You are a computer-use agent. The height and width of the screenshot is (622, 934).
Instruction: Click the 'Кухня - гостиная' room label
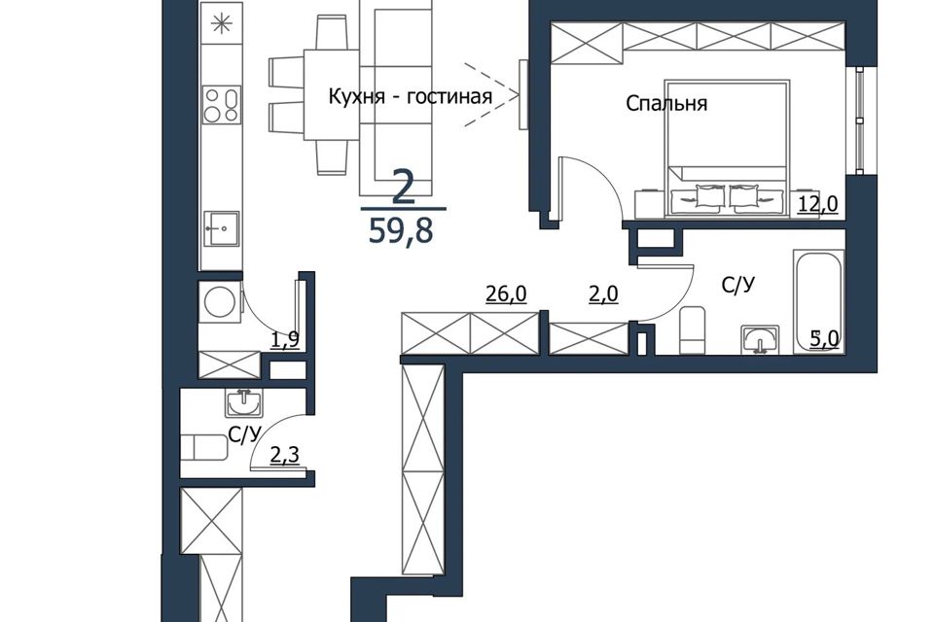click(411, 96)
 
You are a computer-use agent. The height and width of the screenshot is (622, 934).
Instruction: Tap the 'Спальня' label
click(666, 104)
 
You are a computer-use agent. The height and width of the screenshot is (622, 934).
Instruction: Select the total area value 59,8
click(400, 231)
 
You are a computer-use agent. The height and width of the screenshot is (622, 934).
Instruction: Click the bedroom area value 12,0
click(818, 204)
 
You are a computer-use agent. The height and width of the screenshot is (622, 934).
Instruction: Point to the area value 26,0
click(506, 294)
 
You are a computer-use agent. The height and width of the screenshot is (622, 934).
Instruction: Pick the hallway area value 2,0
click(603, 294)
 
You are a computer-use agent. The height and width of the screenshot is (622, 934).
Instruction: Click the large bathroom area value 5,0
click(824, 338)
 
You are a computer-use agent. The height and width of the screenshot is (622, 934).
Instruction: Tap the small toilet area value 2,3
click(285, 456)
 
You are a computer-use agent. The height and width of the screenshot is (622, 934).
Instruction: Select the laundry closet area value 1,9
click(285, 339)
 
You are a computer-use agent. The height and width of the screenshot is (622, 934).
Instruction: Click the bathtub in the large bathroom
click(819, 301)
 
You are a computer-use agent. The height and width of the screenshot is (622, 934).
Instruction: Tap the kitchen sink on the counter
click(221, 228)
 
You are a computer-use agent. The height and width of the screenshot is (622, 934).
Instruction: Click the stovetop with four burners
click(221, 105)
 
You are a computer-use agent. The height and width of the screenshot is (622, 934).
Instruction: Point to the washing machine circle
click(219, 302)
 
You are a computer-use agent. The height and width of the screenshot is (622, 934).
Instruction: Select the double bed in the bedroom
click(726, 148)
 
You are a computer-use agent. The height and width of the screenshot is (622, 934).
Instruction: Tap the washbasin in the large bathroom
click(760, 340)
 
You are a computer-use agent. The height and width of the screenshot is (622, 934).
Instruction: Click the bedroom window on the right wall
click(859, 121)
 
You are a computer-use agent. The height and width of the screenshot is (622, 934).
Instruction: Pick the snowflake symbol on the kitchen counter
click(221, 23)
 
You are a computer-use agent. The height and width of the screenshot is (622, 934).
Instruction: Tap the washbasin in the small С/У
click(244, 402)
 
